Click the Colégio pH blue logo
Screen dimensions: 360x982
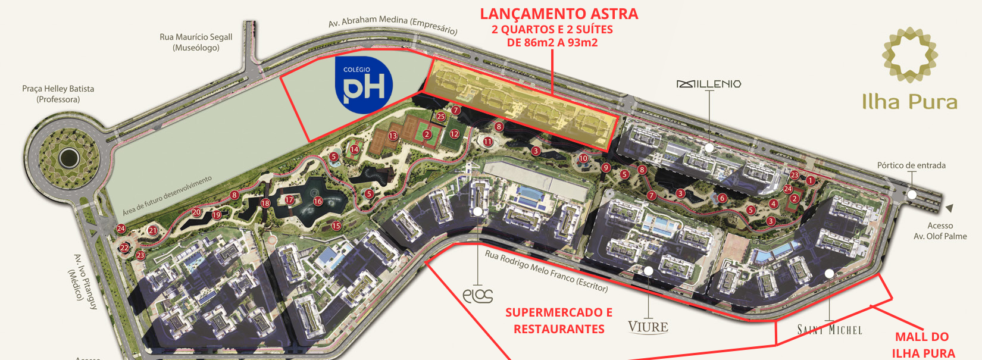click(364, 86)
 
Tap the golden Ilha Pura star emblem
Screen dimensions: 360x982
click(909, 55)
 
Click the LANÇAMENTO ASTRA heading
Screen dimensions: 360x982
click(559, 14)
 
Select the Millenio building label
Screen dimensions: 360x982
click(709, 84)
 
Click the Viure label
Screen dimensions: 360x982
click(648, 327)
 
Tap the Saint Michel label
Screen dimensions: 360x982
click(830, 330)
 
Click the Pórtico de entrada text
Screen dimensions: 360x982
click(911, 165)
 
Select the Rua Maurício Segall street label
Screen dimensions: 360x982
click(196, 42)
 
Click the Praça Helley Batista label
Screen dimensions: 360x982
click(58, 93)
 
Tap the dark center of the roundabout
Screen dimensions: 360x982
click(69, 158)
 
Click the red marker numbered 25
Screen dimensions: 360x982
click(440, 117)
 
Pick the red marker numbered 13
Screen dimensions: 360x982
click(393, 136)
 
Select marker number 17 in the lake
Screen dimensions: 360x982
click(289, 200)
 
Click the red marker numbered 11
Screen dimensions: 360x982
click(488, 142)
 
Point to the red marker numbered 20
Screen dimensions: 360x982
click(196, 212)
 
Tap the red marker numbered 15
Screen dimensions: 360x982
click(336, 226)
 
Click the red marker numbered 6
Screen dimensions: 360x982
click(722, 198)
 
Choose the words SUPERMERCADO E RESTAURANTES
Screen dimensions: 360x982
click(559, 321)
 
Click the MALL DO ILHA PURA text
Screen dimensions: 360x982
click(922, 345)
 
